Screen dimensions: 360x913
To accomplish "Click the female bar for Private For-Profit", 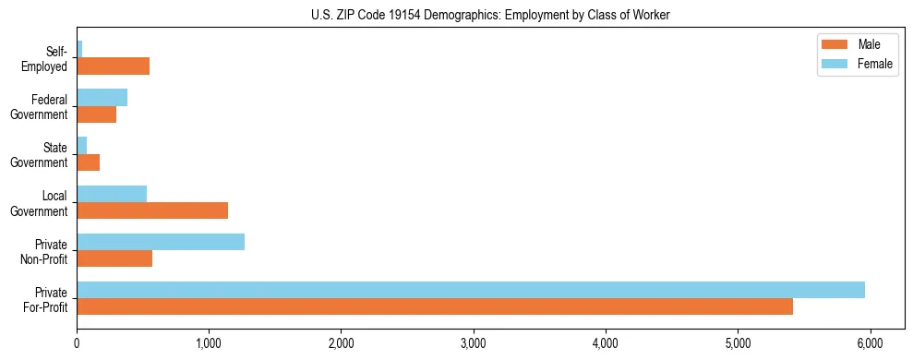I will [471, 290].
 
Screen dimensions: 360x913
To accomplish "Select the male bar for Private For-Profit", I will [435, 306].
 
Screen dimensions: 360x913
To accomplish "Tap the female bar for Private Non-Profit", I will [161, 242].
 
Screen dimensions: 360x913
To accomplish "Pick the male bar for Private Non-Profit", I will [114, 258].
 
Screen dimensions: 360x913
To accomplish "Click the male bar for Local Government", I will [152, 210].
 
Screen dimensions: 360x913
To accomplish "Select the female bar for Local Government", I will [112, 194].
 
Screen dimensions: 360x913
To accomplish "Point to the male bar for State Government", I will [88, 162].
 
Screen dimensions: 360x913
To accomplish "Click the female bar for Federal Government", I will [102, 98].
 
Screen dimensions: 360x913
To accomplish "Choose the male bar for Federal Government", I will [96, 114].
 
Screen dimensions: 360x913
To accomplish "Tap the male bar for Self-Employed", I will [113, 66].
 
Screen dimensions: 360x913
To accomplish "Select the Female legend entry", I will [855, 64].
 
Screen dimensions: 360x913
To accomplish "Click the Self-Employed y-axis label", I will [51, 58].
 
